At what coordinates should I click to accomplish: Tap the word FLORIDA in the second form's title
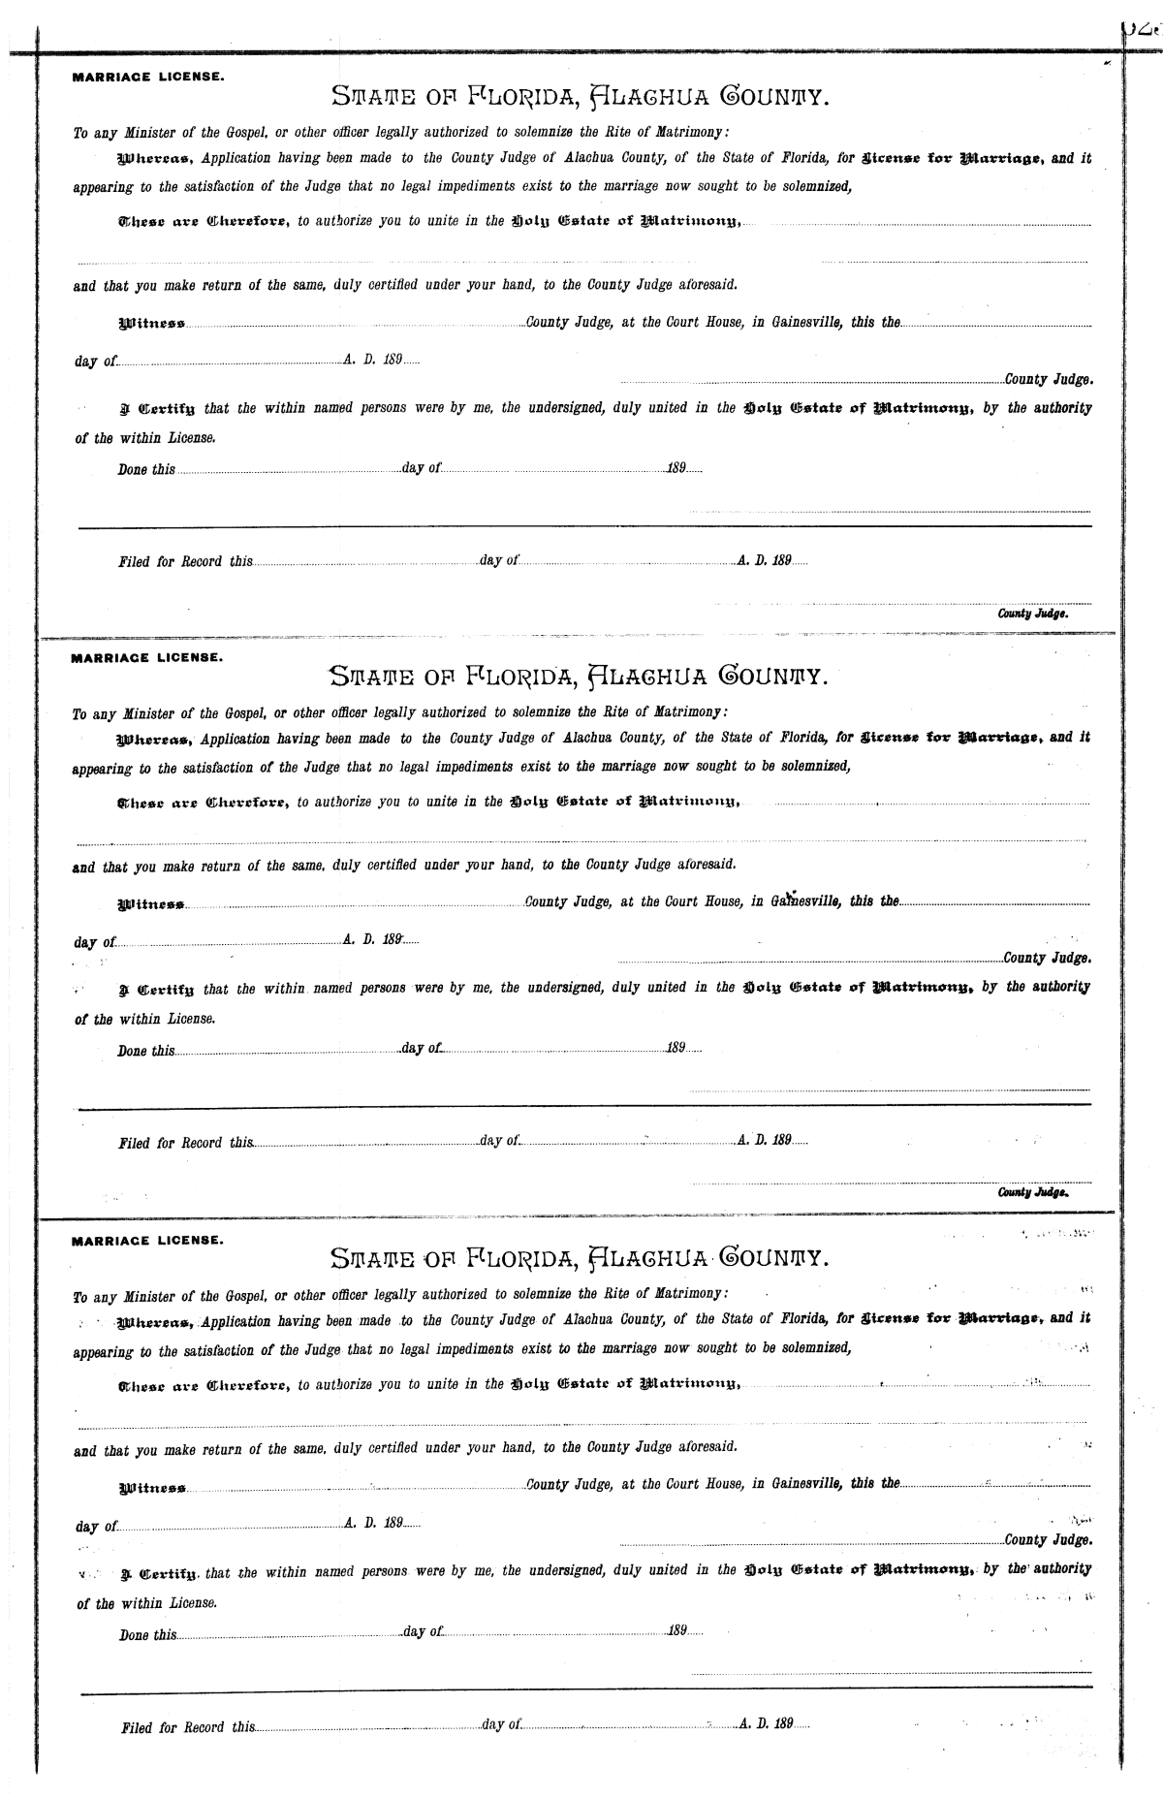pyautogui.click(x=524, y=675)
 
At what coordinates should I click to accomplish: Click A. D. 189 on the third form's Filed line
pyautogui.click(x=767, y=1724)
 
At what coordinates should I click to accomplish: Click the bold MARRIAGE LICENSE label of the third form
pyautogui.click(x=148, y=1241)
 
